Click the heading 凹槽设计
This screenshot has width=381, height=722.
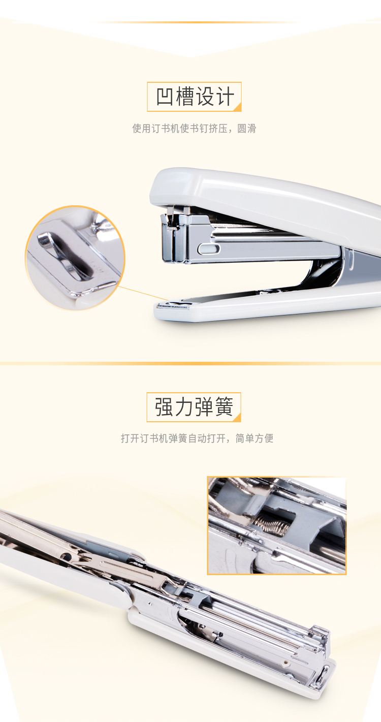click(195, 97)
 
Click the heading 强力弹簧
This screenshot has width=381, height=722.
click(194, 407)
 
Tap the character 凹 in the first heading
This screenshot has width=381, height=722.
click(165, 97)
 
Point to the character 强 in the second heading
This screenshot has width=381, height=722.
click(165, 407)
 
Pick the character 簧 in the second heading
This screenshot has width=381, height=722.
click(224, 407)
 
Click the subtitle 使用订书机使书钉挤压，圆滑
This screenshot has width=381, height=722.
click(194, 128)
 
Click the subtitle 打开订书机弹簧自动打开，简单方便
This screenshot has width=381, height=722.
click(197, 438)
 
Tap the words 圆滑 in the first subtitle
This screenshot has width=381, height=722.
click(246, 128)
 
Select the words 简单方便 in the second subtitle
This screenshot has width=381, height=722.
click(255, 438)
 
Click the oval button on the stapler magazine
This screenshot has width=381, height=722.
click(209, 248)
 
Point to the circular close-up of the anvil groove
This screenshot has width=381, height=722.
click(75, 258)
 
